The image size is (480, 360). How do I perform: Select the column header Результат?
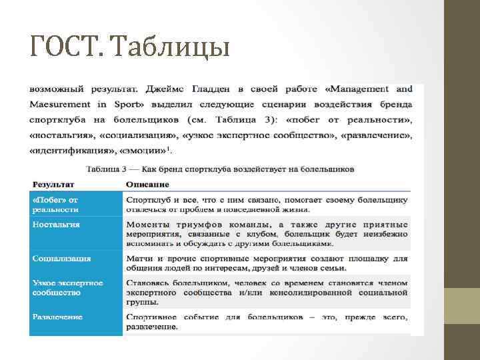click(54, 184)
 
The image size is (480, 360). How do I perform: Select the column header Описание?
click(147, 184)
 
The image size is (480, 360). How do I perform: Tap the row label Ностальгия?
click(56, 225)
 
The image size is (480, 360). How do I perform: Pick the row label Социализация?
click(62, 259)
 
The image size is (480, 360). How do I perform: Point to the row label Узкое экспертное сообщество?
click(67, 287)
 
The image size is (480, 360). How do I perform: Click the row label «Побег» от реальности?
click(55, 204)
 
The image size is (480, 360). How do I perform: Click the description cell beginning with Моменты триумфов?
click(267, 234)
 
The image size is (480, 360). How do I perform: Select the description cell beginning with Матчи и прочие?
click(267, 263)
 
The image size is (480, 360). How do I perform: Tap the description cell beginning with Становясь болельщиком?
click(267, 292)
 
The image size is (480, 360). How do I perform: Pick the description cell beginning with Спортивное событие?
click(267, 321)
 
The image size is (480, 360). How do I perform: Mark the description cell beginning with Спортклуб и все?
click(267, 204)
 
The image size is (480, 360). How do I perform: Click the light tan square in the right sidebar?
click(462, 306)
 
